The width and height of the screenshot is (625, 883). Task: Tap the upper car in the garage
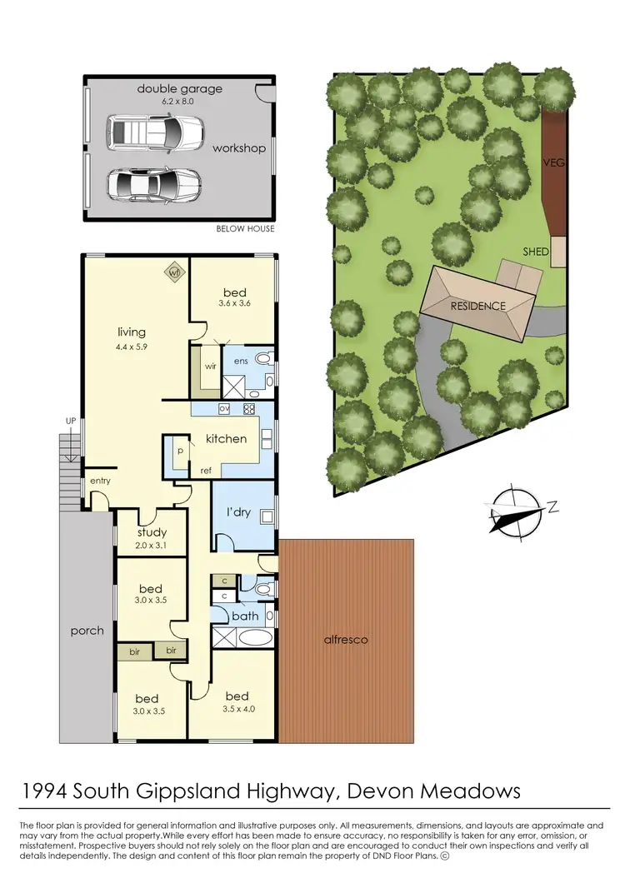tap(155, 131)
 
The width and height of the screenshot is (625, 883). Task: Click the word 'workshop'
tap(238, 148)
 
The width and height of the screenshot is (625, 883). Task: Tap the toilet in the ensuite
tap(264, 360)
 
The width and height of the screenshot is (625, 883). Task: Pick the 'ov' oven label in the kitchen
tap(223, 408)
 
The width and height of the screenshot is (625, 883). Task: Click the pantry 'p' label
tap(179, 451)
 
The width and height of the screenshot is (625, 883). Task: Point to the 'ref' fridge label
tap(206, 471)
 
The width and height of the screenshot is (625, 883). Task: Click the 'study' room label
tap(152, 532)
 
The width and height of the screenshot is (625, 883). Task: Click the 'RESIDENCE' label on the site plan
tap(477, 306)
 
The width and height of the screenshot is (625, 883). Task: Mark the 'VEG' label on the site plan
tap(553, 162)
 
